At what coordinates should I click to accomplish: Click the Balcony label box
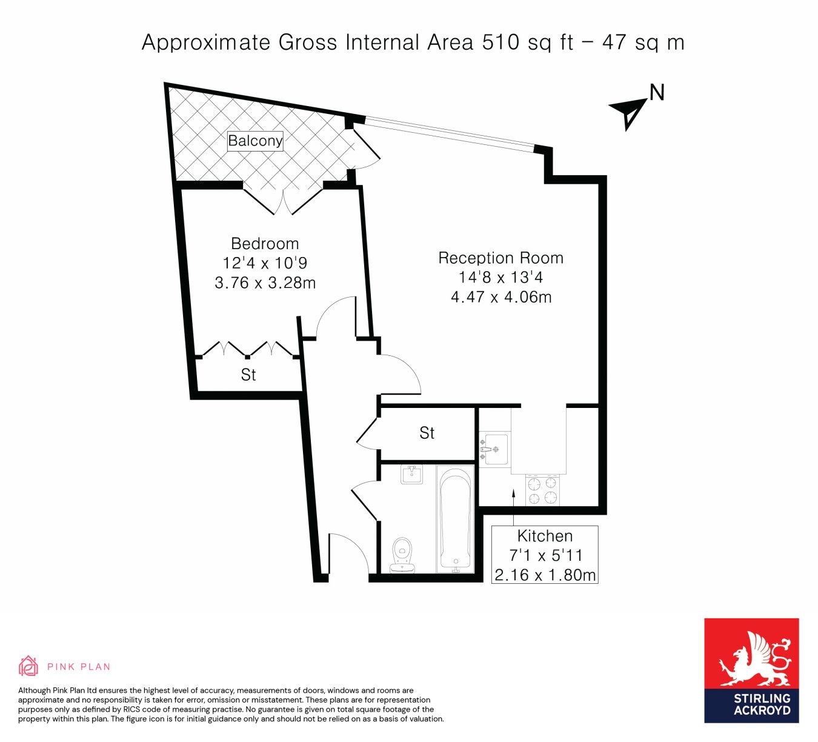coord(255,141)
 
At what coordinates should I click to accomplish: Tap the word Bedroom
coord(265,244)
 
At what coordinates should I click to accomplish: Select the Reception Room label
coord(500,258)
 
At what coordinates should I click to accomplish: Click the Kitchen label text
coord(545,535)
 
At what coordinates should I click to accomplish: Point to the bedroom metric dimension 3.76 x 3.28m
coord(265,282)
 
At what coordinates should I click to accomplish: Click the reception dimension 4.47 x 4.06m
coord(501,296)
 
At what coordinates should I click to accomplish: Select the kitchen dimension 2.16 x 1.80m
coord(545,575)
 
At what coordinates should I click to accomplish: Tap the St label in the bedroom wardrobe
coord(248,375)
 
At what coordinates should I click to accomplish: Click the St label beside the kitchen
coord(427,433)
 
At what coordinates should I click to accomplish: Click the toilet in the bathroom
coord(402,555)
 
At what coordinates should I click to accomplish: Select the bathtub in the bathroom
coord(456,519)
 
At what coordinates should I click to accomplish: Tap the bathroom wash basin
coord(412,474)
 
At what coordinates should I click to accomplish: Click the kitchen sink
coord(494,449)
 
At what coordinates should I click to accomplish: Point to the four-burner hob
coord(542,490)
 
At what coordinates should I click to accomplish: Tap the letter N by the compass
coord(657,93)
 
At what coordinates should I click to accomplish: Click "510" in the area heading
coord(501,42)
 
